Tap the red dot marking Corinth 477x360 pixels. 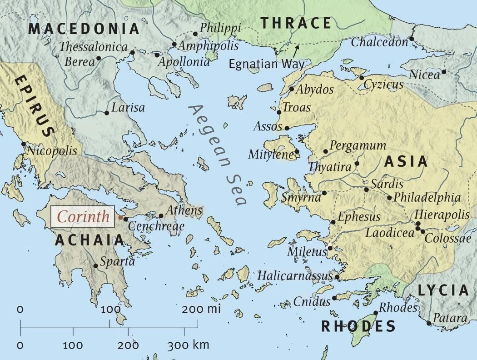(x=120, y=218)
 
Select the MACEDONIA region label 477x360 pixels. (x=84, y=29)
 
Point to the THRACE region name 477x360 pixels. (x=295, y=23)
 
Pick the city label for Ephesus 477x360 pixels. (x=359, y=216)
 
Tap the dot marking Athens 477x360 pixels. (x=161, y=216)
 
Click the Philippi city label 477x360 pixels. (x=220, y=28)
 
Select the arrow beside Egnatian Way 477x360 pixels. (x=296, y=49)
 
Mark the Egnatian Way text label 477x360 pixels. (x=267, y=64)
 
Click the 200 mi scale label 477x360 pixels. (x=201, y=310)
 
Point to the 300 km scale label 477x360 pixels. (x=188, y=345)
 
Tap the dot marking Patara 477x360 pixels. (x=429, y=323)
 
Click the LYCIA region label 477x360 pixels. (x=442, y=290)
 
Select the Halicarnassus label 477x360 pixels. (x=295, y=275)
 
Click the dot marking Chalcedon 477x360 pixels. (x=412, y=39)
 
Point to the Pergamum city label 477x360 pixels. (x=358, y=146)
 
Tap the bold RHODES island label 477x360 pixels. (x=358, y=325)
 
